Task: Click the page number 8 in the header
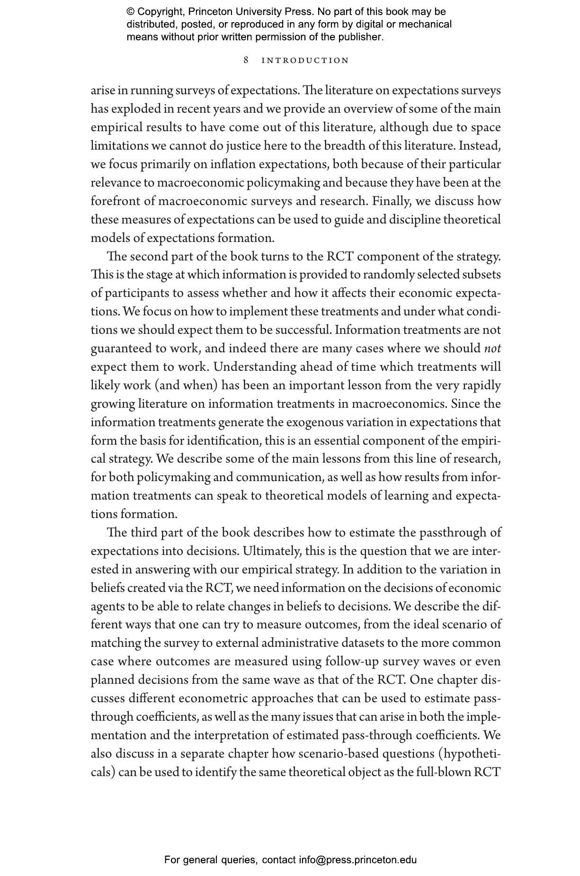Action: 246,60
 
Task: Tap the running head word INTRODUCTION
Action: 305,61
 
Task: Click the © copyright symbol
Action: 130,12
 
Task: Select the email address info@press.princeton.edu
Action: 357,860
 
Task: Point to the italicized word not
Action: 492,349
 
